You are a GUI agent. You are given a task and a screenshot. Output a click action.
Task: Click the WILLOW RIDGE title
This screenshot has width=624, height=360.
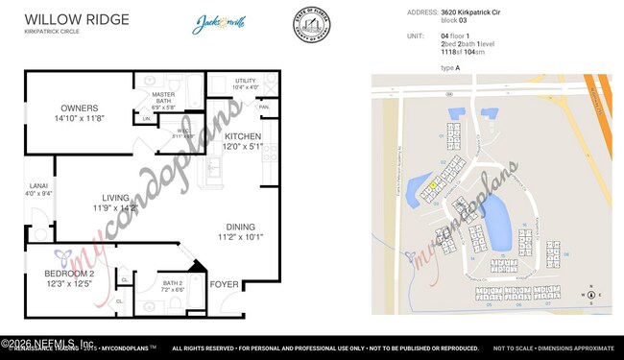click(66, 18)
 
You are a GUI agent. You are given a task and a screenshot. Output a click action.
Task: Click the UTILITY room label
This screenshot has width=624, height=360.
click(244, 83)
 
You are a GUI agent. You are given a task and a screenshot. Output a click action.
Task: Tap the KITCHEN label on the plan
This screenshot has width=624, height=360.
click(242, 136)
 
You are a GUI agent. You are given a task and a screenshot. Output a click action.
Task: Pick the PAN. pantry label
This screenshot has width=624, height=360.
click(264, 107)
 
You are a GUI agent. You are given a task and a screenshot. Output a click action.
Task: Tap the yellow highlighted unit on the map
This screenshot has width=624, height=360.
click(432, 184)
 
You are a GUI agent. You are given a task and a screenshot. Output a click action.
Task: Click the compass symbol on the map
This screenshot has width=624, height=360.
click(592, 295)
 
